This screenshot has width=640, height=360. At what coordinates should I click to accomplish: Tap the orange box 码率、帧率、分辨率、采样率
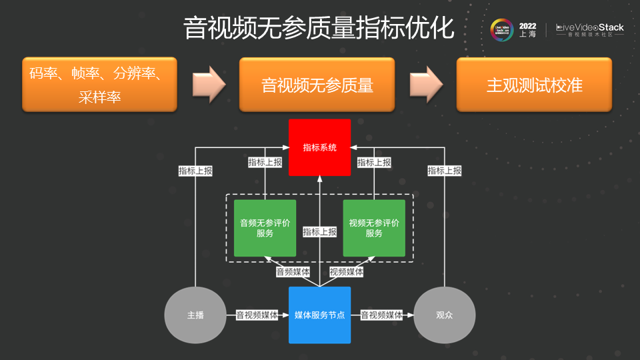click(x=99, y=85)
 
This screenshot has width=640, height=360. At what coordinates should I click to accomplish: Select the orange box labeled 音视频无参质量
click(x=317, y=85)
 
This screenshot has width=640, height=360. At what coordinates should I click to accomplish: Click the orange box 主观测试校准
click(x=534, y=85)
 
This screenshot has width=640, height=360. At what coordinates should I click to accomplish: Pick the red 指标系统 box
click(x=319, y=147)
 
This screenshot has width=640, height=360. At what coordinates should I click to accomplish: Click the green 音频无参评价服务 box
click(x=265, y=228)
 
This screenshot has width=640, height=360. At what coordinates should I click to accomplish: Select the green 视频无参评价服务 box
click(x=374, y=228)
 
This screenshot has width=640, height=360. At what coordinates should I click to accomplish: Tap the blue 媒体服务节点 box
click(x=319, y=315)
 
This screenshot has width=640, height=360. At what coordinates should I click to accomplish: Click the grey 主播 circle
click(x=195, y=315)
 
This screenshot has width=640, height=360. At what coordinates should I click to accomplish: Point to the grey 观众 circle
click(x=444, y=315)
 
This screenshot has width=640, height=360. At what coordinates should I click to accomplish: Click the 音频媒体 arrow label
click(x=293, y=272)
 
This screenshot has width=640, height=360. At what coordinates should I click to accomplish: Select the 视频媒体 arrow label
click(x=347, y=272)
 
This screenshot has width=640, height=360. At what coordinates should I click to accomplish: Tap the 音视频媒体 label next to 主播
click(x=257, y=315)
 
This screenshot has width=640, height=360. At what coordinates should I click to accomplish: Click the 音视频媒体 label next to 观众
click(x=382, y=315)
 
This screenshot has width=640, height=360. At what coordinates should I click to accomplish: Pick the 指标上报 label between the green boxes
click(x=319, y=232)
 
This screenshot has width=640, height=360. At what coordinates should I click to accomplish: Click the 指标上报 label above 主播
click(x=195, y=171)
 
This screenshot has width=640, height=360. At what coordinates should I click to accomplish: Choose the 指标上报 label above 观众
click(x=444, y=171)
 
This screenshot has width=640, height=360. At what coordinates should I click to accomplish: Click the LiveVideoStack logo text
click(x=590, y=28)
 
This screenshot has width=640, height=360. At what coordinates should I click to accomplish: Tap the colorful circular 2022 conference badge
click(x=502, y=30)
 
